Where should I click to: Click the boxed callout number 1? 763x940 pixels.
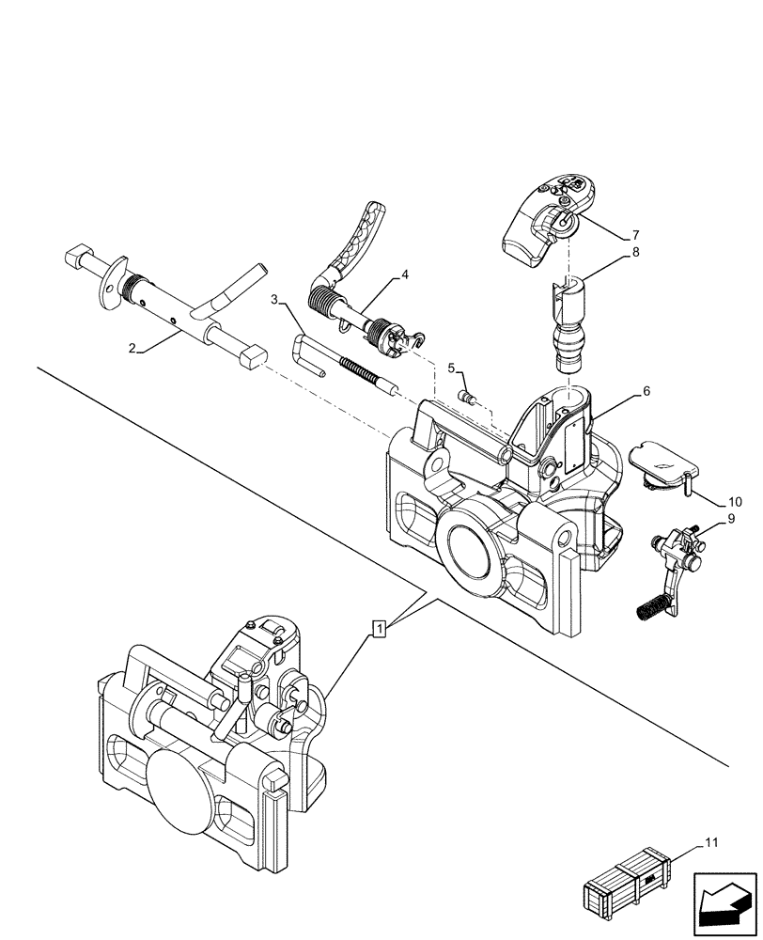click(x=379, y=627)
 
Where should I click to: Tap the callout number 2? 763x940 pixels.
click(x=134, y=349)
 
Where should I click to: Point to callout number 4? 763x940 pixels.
click(x=404, y=274)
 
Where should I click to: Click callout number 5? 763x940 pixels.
click(x=451, y=368)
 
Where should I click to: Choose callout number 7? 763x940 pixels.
click(x=636, y=234)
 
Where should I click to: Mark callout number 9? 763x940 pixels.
click(x=729, y=517)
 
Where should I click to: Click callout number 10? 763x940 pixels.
click(x=734, y=503)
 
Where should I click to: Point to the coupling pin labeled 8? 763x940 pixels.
click(x=568, y=323)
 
